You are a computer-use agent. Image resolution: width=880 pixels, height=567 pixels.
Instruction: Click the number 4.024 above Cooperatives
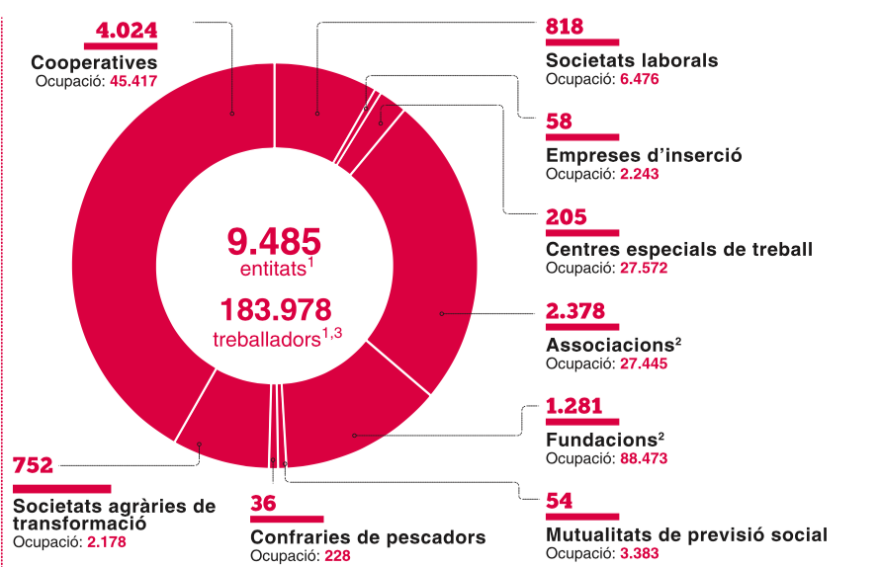click(126, 30)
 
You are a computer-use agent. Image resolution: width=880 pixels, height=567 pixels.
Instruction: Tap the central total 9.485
click(274, 241)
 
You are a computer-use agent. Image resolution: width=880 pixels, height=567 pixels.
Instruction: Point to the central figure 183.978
click(274, 310)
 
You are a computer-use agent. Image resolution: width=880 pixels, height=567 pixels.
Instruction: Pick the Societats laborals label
click(632, 60)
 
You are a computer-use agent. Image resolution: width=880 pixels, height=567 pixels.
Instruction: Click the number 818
click(565, 27)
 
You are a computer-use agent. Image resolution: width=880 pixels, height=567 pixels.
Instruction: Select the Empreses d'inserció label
click(644, 155)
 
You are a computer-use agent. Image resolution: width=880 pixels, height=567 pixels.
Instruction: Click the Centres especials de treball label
click(679, 249)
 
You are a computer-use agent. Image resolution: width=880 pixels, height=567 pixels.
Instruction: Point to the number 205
click(566, 216)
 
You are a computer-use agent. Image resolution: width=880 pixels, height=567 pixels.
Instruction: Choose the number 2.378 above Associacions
click(575, 311)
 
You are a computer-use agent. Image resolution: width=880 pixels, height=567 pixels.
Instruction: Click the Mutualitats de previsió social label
click(686, 534)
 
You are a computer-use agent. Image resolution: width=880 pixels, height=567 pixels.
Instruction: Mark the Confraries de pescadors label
click(368, 537)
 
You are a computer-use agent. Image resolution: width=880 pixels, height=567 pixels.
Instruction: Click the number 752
click(33, 466)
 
